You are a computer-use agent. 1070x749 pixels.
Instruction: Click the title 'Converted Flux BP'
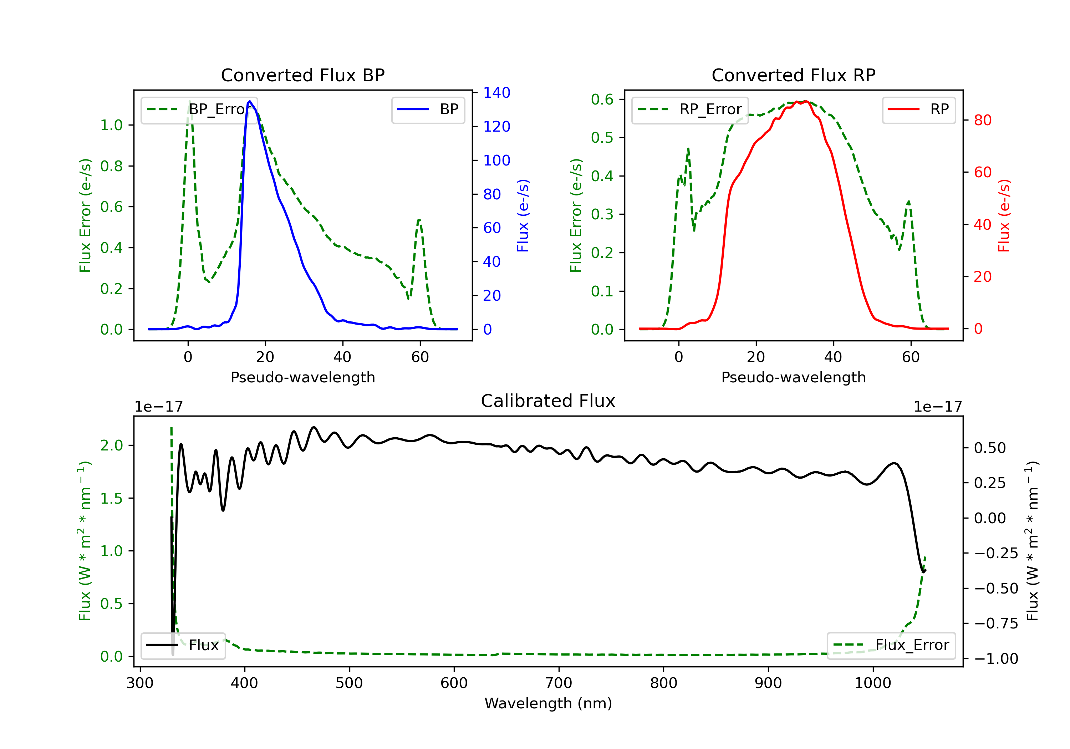click(x=302, y=75)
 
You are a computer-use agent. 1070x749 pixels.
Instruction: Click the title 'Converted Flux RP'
click(x=793, y=75)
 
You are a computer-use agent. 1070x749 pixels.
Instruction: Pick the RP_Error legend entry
click(x=690, y=109)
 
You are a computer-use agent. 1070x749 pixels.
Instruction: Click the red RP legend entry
click(x=918, y=109)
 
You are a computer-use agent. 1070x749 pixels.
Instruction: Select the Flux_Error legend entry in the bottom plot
click(x=891, y=645)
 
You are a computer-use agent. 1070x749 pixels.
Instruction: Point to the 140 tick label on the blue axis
click(x=496, y=93)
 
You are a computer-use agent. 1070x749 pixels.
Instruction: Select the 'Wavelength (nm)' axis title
click(x=548, y=703)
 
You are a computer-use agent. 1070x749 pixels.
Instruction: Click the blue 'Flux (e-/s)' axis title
click(x=523, y=215)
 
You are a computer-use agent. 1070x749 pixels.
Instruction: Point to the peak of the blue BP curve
click(x=250, y=101)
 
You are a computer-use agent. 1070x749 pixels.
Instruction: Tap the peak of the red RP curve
click(x=805, y=101)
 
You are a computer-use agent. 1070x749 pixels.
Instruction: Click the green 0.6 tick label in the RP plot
click(x=602, y=99)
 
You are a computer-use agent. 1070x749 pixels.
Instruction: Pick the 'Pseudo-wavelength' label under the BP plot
click(x=302, y=377)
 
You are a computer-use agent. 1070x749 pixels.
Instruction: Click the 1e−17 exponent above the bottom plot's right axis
click(x=938, y=407)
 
